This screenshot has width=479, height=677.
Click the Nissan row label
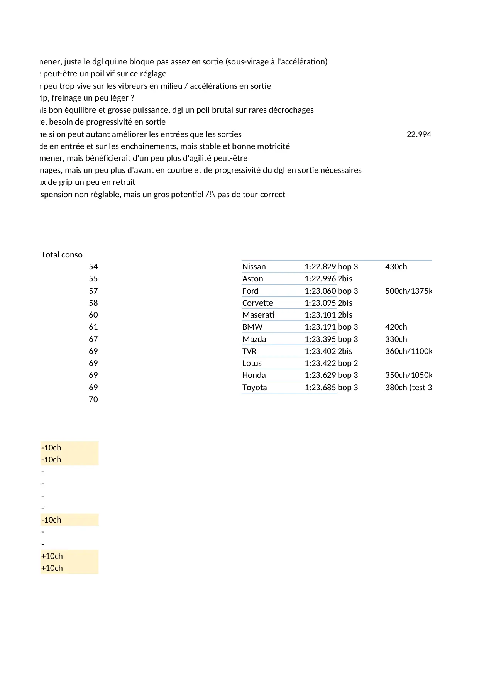[254, 267]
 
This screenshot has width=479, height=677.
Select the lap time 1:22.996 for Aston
[320, 279]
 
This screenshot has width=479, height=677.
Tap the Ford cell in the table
[251, 291]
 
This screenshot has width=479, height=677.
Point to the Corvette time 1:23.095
[320, 303]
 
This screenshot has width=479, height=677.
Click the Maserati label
[258, 315]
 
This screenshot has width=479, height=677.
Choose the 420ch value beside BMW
[396, 327]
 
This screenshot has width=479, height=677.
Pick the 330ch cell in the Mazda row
[396, 339]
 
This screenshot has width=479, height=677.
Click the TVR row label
[249, 351]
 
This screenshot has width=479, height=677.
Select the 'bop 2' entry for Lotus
[348, 363]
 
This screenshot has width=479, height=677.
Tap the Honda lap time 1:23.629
[320, 375]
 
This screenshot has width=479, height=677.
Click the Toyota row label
[254, 388]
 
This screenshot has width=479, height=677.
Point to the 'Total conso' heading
[62, 255]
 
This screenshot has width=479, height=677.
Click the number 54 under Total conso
[93, 267]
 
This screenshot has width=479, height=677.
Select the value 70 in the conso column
[93, 399]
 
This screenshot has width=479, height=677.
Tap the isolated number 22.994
[419, 134]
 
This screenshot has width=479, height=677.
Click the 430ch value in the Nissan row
[396, 267]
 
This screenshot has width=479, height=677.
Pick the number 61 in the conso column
[93, 327]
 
